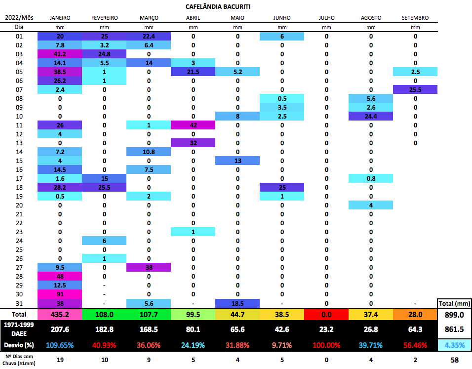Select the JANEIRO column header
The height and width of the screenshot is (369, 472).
click(x=60, y=18)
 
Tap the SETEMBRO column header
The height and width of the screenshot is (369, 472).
click(x=415, y=18)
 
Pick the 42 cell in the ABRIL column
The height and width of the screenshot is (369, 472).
click(x=193, y=125)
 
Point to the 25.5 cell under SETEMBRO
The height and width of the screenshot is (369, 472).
click(x=415, y=89)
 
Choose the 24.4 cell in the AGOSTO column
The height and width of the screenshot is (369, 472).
click(x=371, y=116)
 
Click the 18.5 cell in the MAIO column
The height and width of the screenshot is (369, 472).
click(x=237, y=303)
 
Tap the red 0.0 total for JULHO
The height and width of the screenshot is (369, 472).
click(x=326, y=315)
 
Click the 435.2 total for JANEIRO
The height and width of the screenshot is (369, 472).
click(x=60, y=315)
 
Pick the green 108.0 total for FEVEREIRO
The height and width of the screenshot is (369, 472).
click(x=104, y=315)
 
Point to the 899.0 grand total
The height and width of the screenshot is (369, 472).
click(x=455, y=315)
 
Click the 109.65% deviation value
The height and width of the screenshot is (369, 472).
click(x=60, y=344)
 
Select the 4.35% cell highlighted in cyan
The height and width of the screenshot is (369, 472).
click(x=455, y=344)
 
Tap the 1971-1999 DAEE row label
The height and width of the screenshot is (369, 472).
click(x=19, y=329)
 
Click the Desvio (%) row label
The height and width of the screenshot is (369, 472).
click(x=19, y=344)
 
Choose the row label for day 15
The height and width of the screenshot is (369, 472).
click(x=19, y=161)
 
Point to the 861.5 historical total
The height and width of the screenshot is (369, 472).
click(x=455, y=329)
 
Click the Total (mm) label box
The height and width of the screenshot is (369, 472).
click(x=455, y=303)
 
